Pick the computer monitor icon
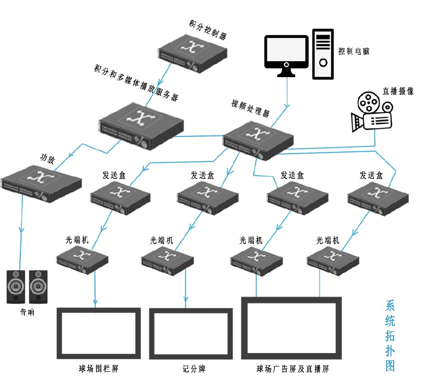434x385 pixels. click(286, 56)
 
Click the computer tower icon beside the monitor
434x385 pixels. click(323, 54)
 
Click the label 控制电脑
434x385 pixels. click(354, 51)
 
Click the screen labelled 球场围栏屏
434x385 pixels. click(99, 333)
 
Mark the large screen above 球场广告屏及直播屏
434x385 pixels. click(292, 328)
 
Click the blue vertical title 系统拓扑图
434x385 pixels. click(390, 336)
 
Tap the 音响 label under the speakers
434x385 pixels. click(26, 312)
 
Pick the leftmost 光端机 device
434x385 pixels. click(82, 259)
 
